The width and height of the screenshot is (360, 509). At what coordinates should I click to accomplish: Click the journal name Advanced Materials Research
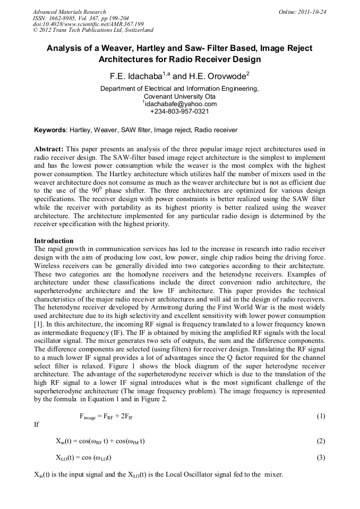click(69, 12)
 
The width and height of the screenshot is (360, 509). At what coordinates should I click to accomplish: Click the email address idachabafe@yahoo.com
click(181, 104)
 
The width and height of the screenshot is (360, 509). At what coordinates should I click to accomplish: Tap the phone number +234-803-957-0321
click(179, 111)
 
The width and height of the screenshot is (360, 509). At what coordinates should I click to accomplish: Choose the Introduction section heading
click(54, 240)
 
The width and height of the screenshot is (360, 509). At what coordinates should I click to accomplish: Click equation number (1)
click(320, 416)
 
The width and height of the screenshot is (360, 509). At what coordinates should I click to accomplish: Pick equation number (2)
click(320, 441)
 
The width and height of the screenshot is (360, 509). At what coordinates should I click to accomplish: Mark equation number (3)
click(320, 457)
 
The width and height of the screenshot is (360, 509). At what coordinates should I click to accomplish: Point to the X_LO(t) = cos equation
click(83, 458)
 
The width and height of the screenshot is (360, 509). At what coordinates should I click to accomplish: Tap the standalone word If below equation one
click(36, 425)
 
